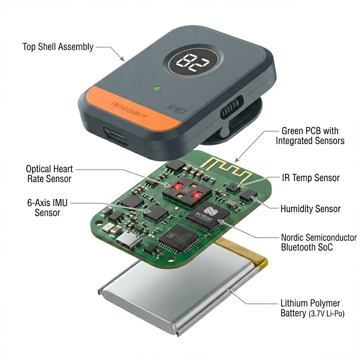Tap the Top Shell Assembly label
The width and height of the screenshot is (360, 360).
tap(58, 47)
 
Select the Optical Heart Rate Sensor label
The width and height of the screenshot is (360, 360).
tap(49, 174)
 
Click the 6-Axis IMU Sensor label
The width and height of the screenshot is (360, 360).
tap(47, 208)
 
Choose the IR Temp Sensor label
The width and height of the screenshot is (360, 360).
tap(310, 178)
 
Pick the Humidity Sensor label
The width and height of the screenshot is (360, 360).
tap(310, 209)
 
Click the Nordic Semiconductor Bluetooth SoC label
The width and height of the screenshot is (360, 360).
tap(319, 242)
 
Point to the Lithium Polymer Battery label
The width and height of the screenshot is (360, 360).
tap(311, 308)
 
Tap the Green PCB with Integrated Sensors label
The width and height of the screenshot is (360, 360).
tap(310, 136)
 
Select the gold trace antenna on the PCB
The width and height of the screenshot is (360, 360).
tap(225, 168)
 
